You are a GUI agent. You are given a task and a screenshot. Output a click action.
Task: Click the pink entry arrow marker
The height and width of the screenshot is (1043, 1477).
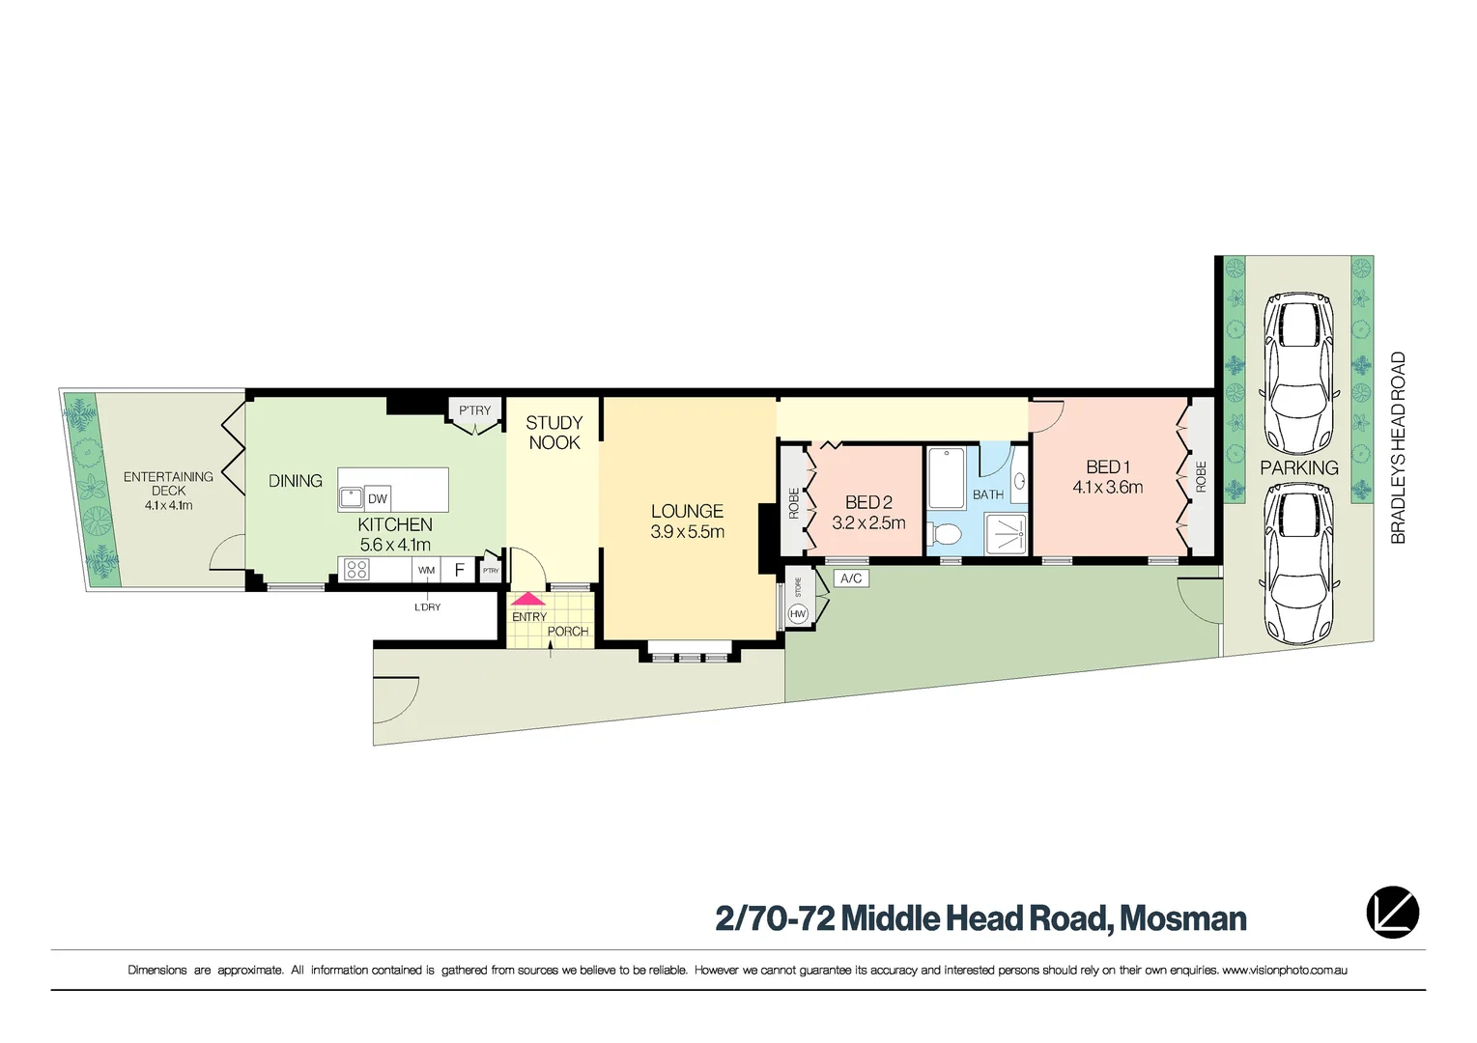[528, 599]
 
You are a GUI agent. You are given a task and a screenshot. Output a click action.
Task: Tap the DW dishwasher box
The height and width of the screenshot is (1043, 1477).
[378, 498]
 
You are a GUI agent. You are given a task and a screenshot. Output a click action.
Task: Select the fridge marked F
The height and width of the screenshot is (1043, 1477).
[460, 570]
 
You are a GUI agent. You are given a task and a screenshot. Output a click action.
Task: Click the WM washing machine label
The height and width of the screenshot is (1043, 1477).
[426, 570]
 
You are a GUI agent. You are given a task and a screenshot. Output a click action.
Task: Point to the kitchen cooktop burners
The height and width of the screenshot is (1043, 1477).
[355, 570]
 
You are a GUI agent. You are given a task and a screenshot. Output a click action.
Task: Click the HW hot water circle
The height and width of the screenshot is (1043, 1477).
[798, 613]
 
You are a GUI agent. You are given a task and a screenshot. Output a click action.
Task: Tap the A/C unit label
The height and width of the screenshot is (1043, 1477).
[850, 578]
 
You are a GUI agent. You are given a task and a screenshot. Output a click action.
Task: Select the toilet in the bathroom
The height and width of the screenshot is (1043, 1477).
[946, 533]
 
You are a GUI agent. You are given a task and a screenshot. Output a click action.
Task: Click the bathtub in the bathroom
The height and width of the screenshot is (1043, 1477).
[947, 477]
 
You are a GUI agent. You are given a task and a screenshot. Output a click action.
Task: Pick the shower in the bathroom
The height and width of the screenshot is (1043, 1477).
[1006, 533]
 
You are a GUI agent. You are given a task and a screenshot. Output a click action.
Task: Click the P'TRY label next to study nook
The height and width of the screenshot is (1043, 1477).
[474, 410]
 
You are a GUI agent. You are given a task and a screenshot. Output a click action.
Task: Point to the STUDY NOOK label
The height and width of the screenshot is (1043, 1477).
[554, 433]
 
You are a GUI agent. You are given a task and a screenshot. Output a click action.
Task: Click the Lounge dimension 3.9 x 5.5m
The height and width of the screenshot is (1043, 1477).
[687, 532]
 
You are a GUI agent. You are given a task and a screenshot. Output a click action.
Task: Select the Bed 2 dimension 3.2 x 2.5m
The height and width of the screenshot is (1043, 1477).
[868, 523]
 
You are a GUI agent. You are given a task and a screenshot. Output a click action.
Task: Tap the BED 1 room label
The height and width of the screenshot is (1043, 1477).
[1107, 467]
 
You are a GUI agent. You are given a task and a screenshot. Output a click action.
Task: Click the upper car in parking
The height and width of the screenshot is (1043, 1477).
[1301, 374]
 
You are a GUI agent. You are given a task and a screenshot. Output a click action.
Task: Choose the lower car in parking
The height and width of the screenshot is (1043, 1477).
[1301, 562]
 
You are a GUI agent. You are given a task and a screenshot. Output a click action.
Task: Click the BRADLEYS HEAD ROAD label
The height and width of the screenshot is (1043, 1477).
[1398, 448]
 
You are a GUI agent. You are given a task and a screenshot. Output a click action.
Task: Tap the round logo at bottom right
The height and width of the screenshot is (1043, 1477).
[1392, 913]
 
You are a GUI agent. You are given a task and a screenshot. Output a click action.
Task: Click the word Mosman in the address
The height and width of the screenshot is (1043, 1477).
[1183, 917]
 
